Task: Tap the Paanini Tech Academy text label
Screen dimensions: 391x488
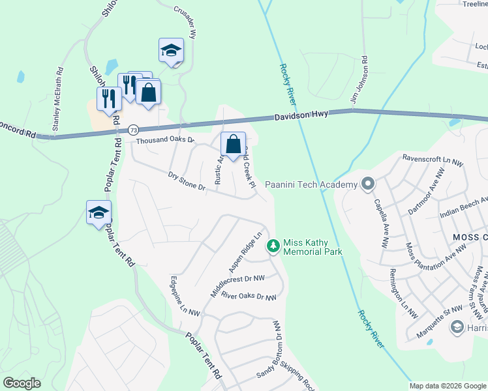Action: pos(311,185)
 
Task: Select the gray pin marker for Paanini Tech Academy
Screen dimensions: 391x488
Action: pos(368,184)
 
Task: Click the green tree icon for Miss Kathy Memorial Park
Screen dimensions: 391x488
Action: pos(273,246)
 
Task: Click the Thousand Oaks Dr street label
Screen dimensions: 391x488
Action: pos(165,140)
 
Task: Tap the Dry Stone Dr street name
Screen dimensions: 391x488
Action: pos(187,181)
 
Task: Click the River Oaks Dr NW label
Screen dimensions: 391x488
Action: pos(249,297)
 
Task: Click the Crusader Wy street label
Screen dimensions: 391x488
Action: pos(185,23)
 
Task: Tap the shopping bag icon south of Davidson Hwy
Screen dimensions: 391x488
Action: pos(233,145)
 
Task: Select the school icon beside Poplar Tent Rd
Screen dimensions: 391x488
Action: pos(99,212)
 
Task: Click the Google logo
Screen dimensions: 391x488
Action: pos(22,383)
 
